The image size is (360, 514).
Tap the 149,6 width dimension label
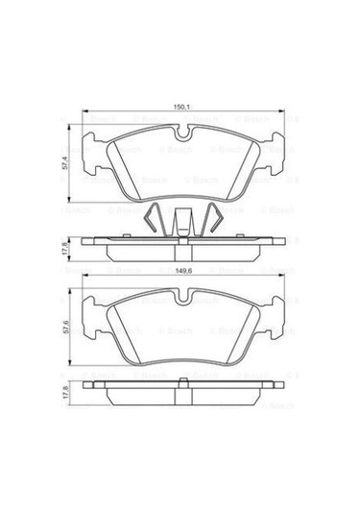[180, 271]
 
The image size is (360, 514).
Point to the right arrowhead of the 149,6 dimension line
[281, 279]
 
